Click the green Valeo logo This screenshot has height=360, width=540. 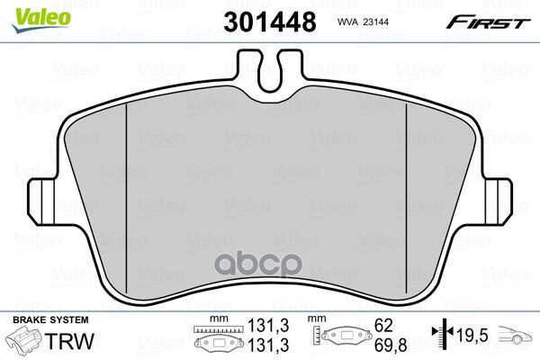[41, 20]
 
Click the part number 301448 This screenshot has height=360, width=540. [270, 22]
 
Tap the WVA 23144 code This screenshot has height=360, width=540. [363, 22]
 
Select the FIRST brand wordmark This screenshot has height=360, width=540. [488, 22]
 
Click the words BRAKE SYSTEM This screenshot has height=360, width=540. [50, 320]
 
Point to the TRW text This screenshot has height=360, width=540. [69, 341]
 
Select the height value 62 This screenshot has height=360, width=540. [383, 325]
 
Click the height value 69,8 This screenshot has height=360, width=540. [391, 346]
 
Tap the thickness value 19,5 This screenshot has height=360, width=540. [472, 335]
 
